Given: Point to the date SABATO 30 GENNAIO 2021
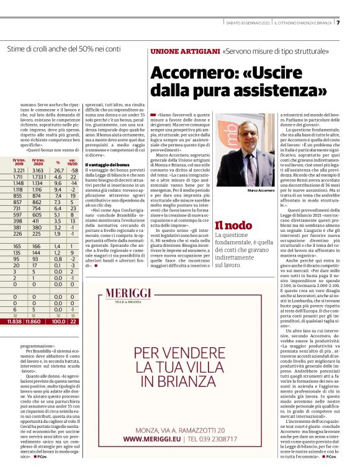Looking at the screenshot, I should (247, 24).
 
